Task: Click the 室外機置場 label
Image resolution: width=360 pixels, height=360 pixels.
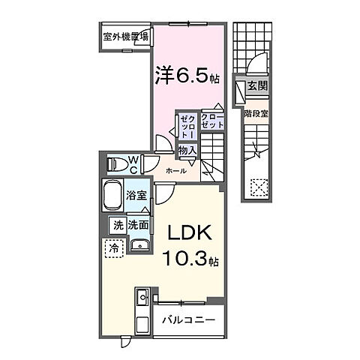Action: pos(125,35)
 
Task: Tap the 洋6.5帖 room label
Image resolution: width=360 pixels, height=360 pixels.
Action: pos(187,75)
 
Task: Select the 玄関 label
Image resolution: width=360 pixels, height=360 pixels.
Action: pos(256,87)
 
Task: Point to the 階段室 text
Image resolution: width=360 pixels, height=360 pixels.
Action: pos(256,113)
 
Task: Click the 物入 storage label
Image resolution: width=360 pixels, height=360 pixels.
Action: pos(187,151)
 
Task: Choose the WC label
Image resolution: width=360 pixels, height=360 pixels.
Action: pos(132,162)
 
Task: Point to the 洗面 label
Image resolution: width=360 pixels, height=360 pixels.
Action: pos(137,224)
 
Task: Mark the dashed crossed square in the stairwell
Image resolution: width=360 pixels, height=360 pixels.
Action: pos(259,185)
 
